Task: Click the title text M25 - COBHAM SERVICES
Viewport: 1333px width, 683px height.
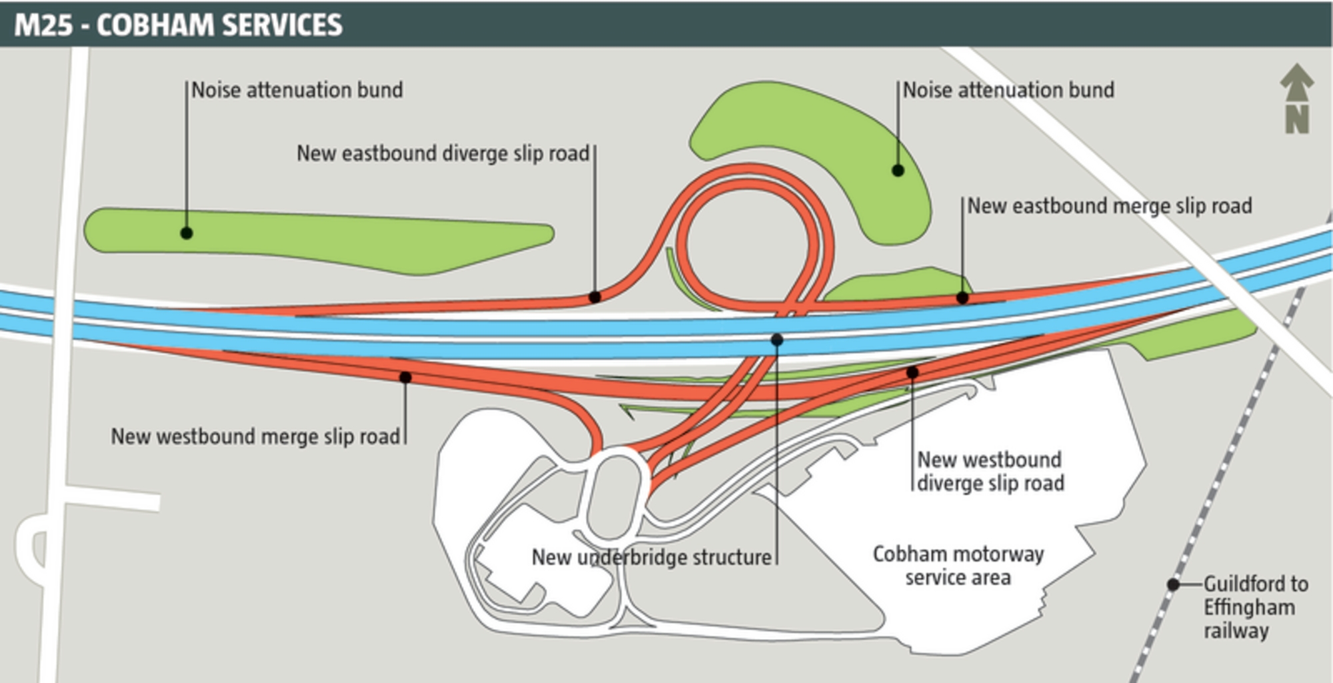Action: (x=178, y=25)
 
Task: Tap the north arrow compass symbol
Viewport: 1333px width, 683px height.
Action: (x=1296, y=99)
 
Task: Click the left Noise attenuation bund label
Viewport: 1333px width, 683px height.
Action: (x=297, y=90)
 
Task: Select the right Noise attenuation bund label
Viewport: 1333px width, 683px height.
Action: (x=1008, y=90)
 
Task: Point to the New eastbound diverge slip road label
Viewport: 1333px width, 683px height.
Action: (x=443, y=154)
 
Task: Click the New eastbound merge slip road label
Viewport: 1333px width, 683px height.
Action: (x=1109, y=206)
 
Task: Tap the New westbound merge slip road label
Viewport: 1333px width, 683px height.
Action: (x=255, y=436)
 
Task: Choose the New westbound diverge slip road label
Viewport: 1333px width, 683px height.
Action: (x=990, y=471)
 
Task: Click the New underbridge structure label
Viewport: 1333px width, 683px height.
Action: (x=651, y=557)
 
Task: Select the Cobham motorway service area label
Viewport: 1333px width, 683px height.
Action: (x=958, y=566)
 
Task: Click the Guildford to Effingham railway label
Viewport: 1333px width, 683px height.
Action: (x=1255, y=607)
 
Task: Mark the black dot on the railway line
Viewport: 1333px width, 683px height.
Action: (x=1173, y=584)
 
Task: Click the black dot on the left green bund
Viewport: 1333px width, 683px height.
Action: (x=187, y=233)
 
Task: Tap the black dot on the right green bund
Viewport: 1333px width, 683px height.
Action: (x=898, y=171)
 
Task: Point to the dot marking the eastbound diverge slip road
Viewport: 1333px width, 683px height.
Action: (x=595, y=297)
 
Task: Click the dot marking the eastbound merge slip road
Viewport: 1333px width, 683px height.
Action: (x=962, y=298)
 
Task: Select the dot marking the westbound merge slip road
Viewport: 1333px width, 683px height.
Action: (x=405, y=378)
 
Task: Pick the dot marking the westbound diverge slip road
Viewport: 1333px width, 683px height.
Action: (x=912, y=372)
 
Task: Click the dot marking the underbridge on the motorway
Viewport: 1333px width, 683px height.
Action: (x=776, y=340)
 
